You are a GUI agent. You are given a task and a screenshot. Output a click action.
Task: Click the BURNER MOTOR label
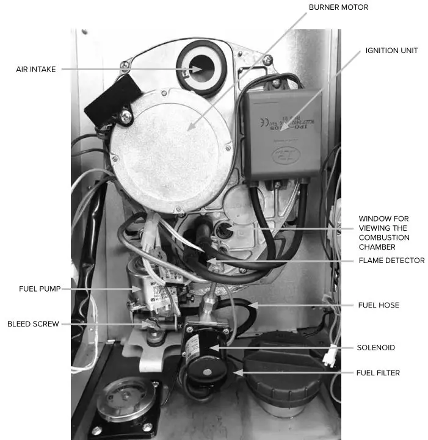pos(338,7)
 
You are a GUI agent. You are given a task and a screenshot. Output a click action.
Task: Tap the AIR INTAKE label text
pos(35,69)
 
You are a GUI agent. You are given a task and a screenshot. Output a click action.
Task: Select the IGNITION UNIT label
pos(391,50)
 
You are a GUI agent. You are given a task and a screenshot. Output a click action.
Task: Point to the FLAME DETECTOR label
pos(391,261)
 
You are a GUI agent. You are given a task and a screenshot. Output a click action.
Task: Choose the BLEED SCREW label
pos(33,324)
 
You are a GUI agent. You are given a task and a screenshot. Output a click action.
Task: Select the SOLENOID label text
pos(375,347)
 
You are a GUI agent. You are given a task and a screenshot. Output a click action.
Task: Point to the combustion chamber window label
pos(383,232)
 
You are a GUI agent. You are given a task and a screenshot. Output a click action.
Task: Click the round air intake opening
pos(201,68)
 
